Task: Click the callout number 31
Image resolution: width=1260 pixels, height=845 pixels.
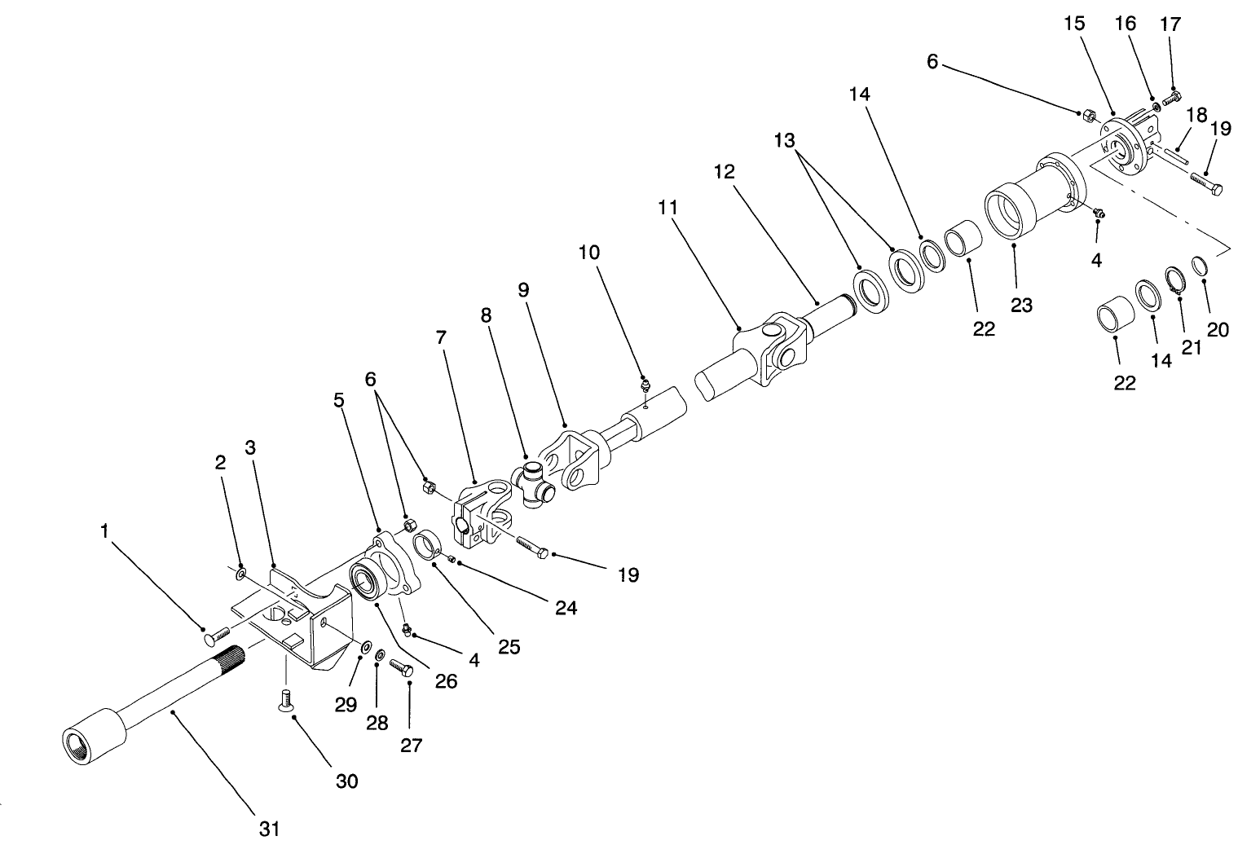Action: click(x=270, y=830)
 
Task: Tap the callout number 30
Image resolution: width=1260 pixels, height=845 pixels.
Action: click(x=347, y=781)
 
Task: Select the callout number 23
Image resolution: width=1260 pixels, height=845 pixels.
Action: click(x=1021, y=305)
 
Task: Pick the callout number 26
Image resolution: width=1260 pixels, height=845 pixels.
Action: click(x=446, y=680)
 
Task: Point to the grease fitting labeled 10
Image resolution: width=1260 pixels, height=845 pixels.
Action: click(x=645, y=385)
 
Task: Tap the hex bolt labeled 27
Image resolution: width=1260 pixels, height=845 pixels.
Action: click(x=403, y=667)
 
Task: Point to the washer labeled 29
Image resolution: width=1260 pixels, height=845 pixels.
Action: click(x=365, y=647)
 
